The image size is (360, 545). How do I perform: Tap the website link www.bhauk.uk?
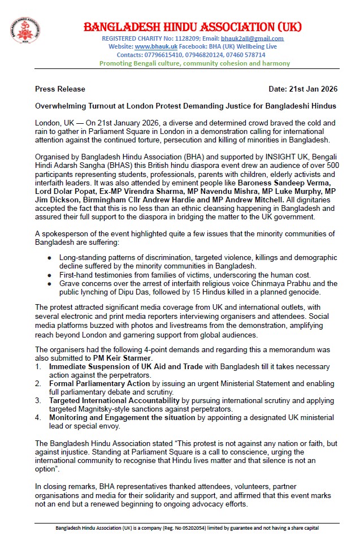click(156, 47)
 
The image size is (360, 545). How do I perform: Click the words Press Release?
click(60, 89)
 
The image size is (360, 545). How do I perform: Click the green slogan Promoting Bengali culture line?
click(194, 63)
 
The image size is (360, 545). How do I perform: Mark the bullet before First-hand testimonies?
click(51, 275)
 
